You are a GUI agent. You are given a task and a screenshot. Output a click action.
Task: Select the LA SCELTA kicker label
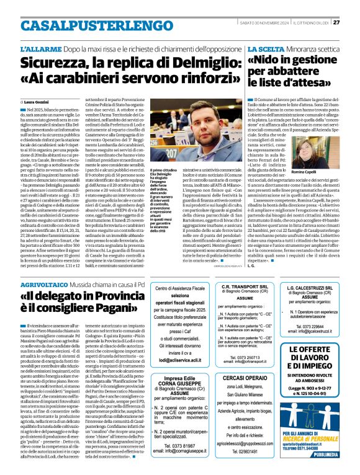tap(264, 48)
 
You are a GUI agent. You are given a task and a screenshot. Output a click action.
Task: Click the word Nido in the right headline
tap(269, 61)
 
